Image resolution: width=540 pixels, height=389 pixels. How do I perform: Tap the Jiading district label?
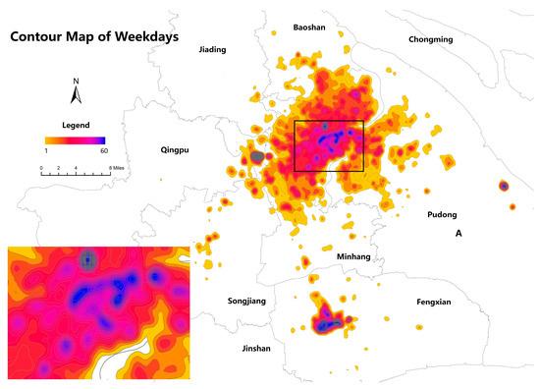click(x=212, y=48)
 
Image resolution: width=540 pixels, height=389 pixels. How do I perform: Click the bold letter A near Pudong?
click(x=459, y=234)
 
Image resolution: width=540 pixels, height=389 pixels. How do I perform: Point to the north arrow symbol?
click(x=76, y=92)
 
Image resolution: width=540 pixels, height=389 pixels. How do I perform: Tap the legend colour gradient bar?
click(x=76, y=139)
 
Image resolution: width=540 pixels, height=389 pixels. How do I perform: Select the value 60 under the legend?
click(x=103, y=150)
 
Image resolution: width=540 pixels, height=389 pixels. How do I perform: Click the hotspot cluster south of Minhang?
click(x=329, y=319)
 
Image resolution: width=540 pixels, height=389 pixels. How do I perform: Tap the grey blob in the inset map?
click(x=88, y=260)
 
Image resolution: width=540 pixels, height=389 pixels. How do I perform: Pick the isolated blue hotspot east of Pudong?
click(x=503, y=185)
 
